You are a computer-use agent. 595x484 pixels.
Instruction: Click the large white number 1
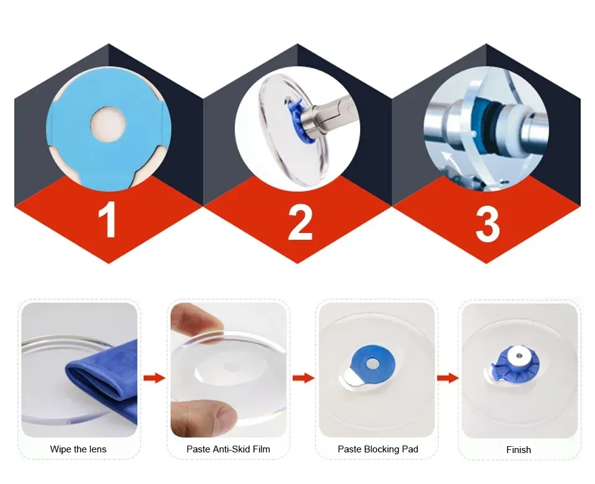108,219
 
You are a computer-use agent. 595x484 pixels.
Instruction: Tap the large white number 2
300,221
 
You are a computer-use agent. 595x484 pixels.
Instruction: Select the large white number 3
488,224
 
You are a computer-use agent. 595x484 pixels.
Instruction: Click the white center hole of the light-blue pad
108,124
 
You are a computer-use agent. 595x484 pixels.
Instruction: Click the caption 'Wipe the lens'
78,449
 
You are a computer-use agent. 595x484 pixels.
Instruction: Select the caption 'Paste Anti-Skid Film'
228,449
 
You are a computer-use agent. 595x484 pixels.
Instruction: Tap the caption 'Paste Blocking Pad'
378,449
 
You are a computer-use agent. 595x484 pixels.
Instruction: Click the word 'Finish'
518,450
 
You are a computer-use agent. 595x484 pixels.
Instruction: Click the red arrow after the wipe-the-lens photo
154,378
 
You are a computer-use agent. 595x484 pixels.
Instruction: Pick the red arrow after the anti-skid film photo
304,378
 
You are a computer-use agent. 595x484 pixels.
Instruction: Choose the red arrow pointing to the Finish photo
447,378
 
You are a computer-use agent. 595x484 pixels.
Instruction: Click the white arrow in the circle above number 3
447,159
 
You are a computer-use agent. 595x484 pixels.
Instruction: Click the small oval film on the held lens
229,367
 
